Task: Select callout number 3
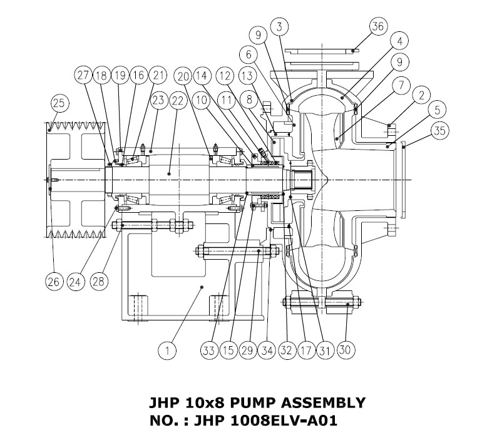[x=280, y=26]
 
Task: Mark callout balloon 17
[x=305, y=350]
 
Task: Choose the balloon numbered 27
[x=84, y=74]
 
